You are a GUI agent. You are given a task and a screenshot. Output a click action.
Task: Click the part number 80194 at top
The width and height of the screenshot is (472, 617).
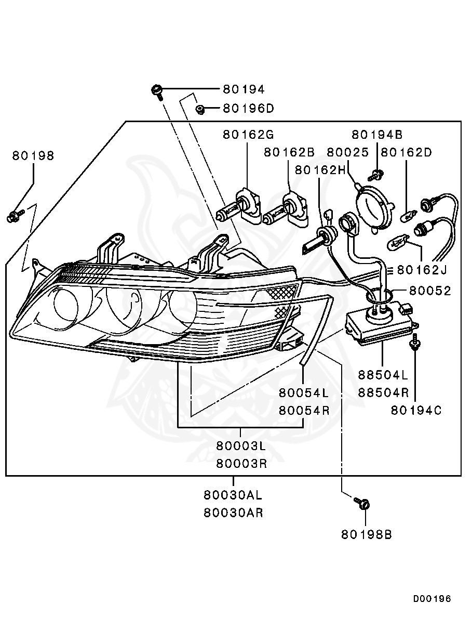pos(244,89)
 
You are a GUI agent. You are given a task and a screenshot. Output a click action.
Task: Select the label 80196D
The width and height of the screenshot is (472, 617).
pos(248,109)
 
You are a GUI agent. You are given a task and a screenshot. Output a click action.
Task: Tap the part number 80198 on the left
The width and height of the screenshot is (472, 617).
pos(33,155)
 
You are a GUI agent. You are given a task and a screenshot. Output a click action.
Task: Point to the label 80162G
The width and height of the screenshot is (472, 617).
pos(248,135)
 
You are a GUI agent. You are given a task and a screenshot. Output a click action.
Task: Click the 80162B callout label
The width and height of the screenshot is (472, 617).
pos(289,152)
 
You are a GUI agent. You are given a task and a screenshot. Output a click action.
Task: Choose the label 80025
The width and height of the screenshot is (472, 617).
pos(347,152)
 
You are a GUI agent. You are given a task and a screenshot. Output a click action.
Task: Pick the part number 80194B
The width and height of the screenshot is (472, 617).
pos(377,135)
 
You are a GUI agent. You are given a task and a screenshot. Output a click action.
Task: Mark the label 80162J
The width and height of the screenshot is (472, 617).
pos(422,270)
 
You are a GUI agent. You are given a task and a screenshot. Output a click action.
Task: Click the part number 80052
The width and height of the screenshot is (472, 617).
pos(430,291)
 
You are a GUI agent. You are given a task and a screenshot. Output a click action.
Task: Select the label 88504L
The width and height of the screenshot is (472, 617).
pos(383,375)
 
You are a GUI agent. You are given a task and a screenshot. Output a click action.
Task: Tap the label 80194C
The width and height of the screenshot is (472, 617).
pos(416,410)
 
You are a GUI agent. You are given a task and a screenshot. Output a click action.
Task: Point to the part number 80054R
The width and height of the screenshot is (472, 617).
pos(304,410)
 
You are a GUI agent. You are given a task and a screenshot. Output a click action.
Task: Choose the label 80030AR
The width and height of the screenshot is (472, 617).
pos(233,513)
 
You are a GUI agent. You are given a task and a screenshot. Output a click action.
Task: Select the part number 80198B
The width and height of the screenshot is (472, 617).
pos(366,534)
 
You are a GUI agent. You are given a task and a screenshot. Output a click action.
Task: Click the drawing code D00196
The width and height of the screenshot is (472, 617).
pos(432,599)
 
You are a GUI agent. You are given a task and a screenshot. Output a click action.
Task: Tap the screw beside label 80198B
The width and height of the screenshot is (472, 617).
pos(362,503)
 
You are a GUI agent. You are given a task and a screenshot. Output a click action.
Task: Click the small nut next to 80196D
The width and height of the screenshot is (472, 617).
pos(199,109)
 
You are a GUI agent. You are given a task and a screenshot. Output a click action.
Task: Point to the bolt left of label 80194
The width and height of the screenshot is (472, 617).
pos(157,91)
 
